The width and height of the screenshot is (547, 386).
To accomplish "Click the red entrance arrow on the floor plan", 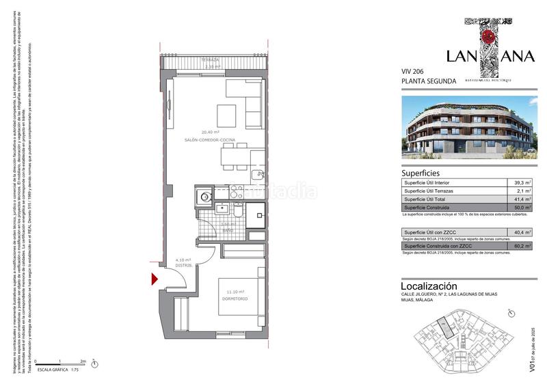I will point(154,278).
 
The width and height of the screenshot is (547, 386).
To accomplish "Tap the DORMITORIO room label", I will point(234,299).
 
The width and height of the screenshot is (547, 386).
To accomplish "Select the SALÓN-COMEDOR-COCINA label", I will point(210,139).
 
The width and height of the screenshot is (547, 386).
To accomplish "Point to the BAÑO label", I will point(227,230).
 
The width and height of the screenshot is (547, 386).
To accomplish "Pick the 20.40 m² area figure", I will point(209,132).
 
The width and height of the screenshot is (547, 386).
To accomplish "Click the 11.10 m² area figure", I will point(234,292).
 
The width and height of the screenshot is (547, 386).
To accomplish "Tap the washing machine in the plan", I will point(204,198).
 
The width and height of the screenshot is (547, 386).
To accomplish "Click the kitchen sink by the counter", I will point(258,175).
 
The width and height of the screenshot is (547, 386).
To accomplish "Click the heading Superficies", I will point(420,174).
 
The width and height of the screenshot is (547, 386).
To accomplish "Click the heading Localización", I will point(428,285).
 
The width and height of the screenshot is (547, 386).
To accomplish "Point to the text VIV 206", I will point(412,71).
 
